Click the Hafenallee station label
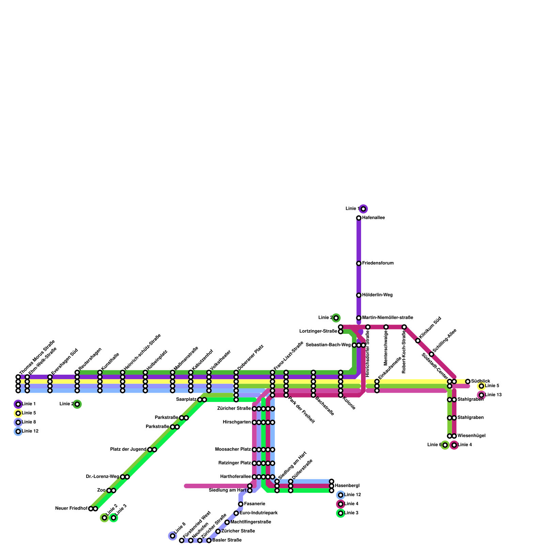(373, 218)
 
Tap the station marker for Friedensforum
(359, 263)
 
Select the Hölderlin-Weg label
(377, 295)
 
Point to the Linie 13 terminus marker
(481, 395)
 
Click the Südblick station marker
(468, 381)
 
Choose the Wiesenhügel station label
(471, 436)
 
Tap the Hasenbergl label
(347, 486)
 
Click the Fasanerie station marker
(240, 504)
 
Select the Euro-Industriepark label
(259, 513)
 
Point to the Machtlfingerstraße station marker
(227, 522)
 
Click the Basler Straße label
(227, 540)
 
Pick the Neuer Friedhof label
(71, 509)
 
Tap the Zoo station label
(101, 490)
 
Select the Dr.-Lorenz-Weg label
(103, 477)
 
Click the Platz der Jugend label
(128, 450)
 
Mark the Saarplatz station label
(186, 400)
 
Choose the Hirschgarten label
(237, 422)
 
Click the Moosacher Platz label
(233, 450)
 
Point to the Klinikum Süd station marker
(418, 341)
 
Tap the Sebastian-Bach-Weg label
(328, 345)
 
